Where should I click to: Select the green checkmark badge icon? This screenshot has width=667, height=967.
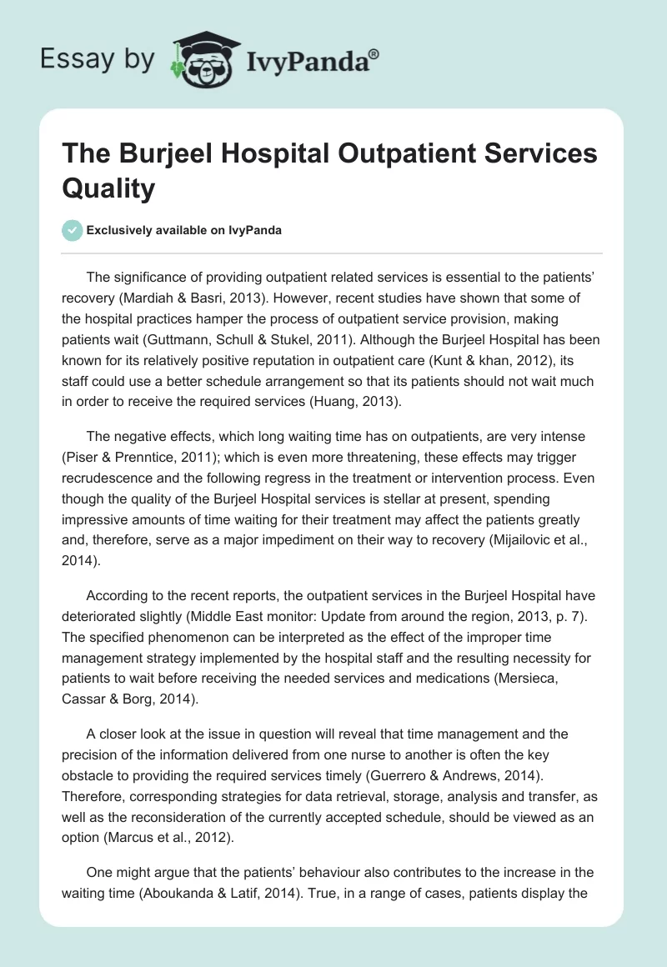73,231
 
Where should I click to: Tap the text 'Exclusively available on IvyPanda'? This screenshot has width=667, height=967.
183,231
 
